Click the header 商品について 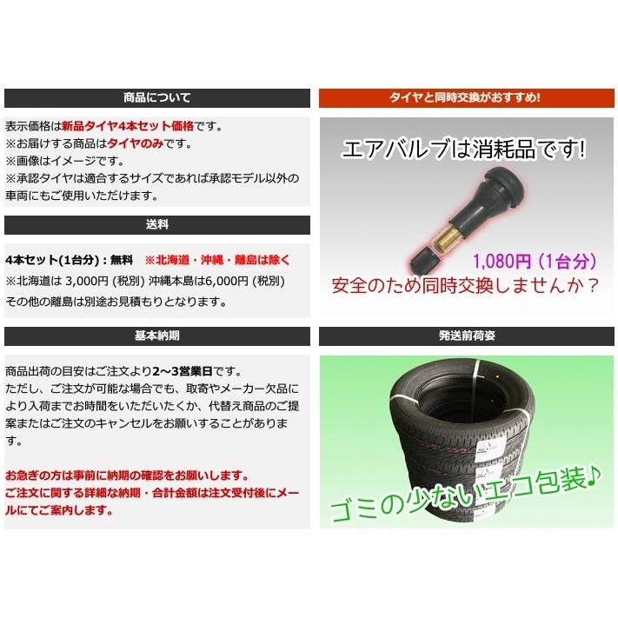tap(157, 98)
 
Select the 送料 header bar tap(157, 224)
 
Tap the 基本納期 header tap(157, 336)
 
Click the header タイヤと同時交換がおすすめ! tap(465, 98)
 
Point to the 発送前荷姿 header tap(465, 336)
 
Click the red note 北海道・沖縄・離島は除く tap(217, 260)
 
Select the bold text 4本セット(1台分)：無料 tap(69, 260)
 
